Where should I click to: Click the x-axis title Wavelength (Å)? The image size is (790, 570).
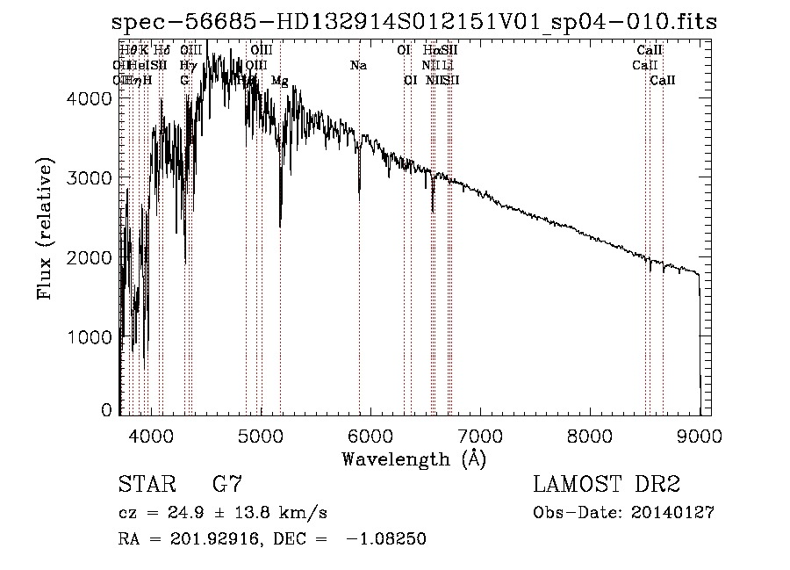tap(414, 458)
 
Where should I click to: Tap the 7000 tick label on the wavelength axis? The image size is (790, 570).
tap(480, 434)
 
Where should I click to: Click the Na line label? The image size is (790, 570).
tap(358, 66)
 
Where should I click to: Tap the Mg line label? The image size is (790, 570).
tap(279, 80)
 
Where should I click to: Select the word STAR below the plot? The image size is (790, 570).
tap(141, 486)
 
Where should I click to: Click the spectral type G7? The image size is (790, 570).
tap(226, 486)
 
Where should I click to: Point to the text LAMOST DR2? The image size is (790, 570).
tap(607, 485)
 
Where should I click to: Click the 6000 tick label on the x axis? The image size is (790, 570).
tap(370, 434)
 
